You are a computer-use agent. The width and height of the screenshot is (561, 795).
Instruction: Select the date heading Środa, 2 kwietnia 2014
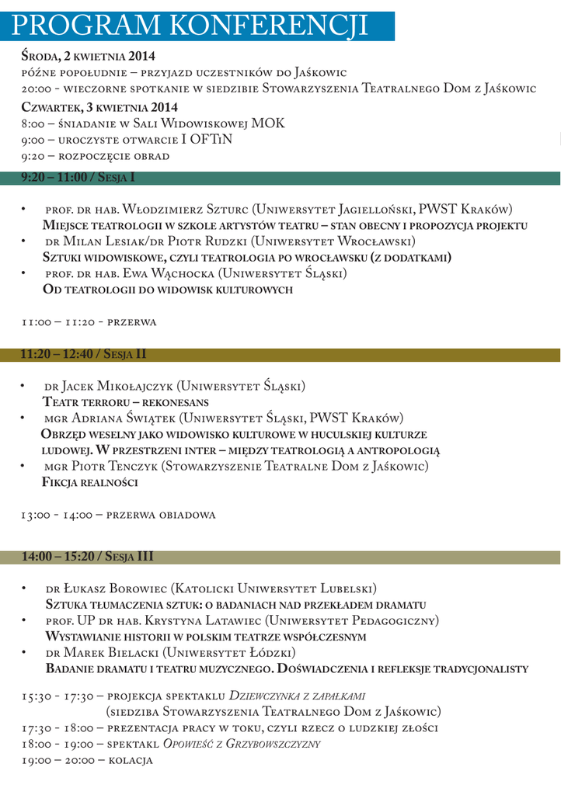88,56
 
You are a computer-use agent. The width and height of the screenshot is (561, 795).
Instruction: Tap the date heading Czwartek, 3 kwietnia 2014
99,107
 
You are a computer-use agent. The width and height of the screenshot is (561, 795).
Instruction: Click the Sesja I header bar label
78,178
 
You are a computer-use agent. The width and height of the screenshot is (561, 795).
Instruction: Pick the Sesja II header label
84,355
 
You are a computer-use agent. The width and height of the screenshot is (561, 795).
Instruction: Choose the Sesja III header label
87,557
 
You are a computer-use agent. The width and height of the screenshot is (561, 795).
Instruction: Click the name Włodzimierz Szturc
187,210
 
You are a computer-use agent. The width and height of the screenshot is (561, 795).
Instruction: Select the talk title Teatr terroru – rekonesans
125,402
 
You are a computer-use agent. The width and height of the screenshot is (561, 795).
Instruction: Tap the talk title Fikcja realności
89,482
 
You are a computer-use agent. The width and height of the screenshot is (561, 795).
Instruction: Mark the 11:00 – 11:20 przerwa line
89,321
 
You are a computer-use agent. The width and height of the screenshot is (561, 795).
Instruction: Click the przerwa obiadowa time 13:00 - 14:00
57,514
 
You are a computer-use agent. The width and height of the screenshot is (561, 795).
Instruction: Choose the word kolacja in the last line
131,760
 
